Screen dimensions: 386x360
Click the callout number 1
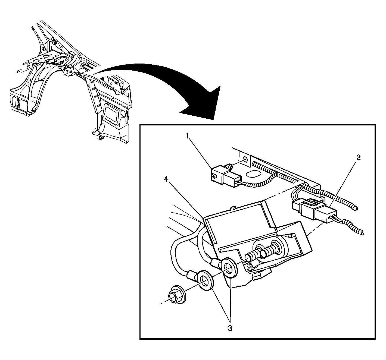click(187, 136)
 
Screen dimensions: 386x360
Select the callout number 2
click(358, 157)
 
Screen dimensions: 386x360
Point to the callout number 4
click(166, 179)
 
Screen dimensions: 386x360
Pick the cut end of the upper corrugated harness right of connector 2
click(356, 208)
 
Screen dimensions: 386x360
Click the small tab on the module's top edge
click(233, 208)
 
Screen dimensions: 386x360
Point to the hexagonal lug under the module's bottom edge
click(260, 274)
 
